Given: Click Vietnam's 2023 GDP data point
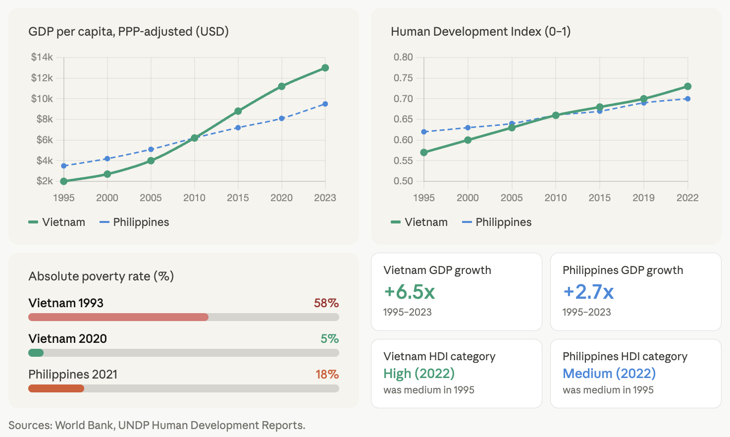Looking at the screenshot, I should pos(325,68).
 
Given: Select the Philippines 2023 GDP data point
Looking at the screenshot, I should pos(325,104).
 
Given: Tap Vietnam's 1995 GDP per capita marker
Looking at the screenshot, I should pos(64,181).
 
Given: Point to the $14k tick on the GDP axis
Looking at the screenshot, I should pos(42,57).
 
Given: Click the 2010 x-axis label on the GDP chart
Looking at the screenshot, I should pos(194,198).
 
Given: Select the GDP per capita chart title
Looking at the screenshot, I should pos(128,32).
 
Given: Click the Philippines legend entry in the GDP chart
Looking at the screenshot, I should pos(134,222).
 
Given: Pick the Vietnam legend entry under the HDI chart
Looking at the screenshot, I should pos(419,222).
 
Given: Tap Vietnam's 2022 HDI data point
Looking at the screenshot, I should pos(687,87).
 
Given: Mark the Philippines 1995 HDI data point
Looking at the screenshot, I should pos(424,132).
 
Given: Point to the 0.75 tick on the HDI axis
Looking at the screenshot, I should pos(403,78).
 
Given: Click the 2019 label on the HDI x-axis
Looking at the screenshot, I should pos(643,198).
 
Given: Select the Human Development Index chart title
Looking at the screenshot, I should pos(480,32).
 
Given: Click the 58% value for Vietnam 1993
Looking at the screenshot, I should pos(326,303).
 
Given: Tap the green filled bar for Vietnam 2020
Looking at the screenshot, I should pos(36,353).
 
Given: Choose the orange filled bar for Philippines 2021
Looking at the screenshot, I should pos(56,388).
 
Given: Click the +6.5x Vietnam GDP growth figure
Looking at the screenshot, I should pos(409,292).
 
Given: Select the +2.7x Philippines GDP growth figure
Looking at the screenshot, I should pos(588,292).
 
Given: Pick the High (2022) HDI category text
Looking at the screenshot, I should pos(419,373).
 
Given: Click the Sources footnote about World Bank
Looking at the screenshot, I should pos(156,425).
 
